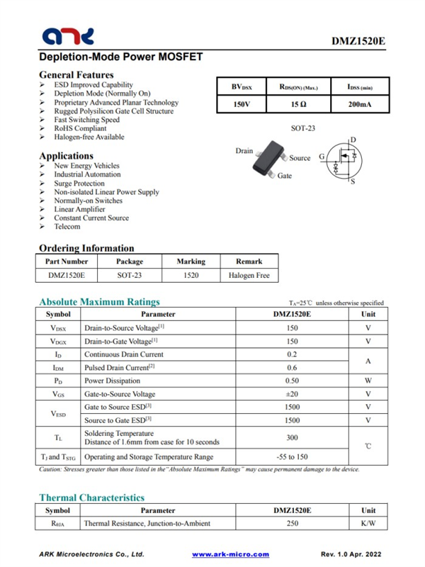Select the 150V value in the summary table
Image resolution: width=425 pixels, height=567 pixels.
click(x=242, y=105)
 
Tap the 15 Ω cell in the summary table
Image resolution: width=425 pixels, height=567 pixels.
click(x=298, y=105)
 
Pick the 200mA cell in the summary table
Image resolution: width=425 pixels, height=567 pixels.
click(x=360, y=105)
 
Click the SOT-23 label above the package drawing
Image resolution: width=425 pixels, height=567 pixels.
click(x=303, y=128)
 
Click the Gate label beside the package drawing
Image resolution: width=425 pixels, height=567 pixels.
click(x=284, y=176)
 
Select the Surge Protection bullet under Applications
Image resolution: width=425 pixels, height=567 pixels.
click(x=79, y=184)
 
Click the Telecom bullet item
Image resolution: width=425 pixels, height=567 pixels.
click(x=67, y=227)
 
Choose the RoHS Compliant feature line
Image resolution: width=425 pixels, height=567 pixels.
click(x=80, y=129)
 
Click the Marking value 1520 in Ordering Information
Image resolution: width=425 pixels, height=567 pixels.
click(x=191, y=275)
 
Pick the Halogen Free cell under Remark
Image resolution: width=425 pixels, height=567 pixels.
click(x=249, y=275)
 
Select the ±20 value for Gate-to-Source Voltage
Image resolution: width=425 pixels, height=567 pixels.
click(x=292, y=394)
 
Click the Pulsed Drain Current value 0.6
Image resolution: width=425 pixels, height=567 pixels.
click(x=292, y=367)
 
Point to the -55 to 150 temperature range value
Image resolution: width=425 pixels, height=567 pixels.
click(x=292, y=457)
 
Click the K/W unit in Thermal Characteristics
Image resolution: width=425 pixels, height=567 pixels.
click(x=368, y=524)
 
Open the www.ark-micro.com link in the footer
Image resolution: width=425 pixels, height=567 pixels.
click(x=231, y=554)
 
